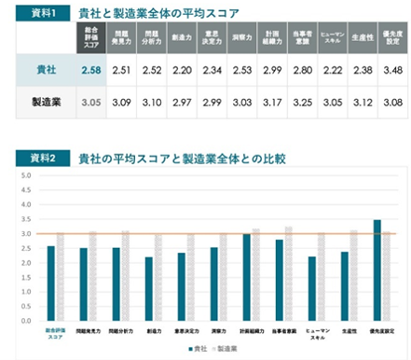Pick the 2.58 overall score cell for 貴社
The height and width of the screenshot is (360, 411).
point(90,69)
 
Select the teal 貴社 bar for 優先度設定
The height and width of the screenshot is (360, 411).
point(377,270)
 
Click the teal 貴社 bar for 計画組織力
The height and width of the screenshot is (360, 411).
point(246,277)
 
